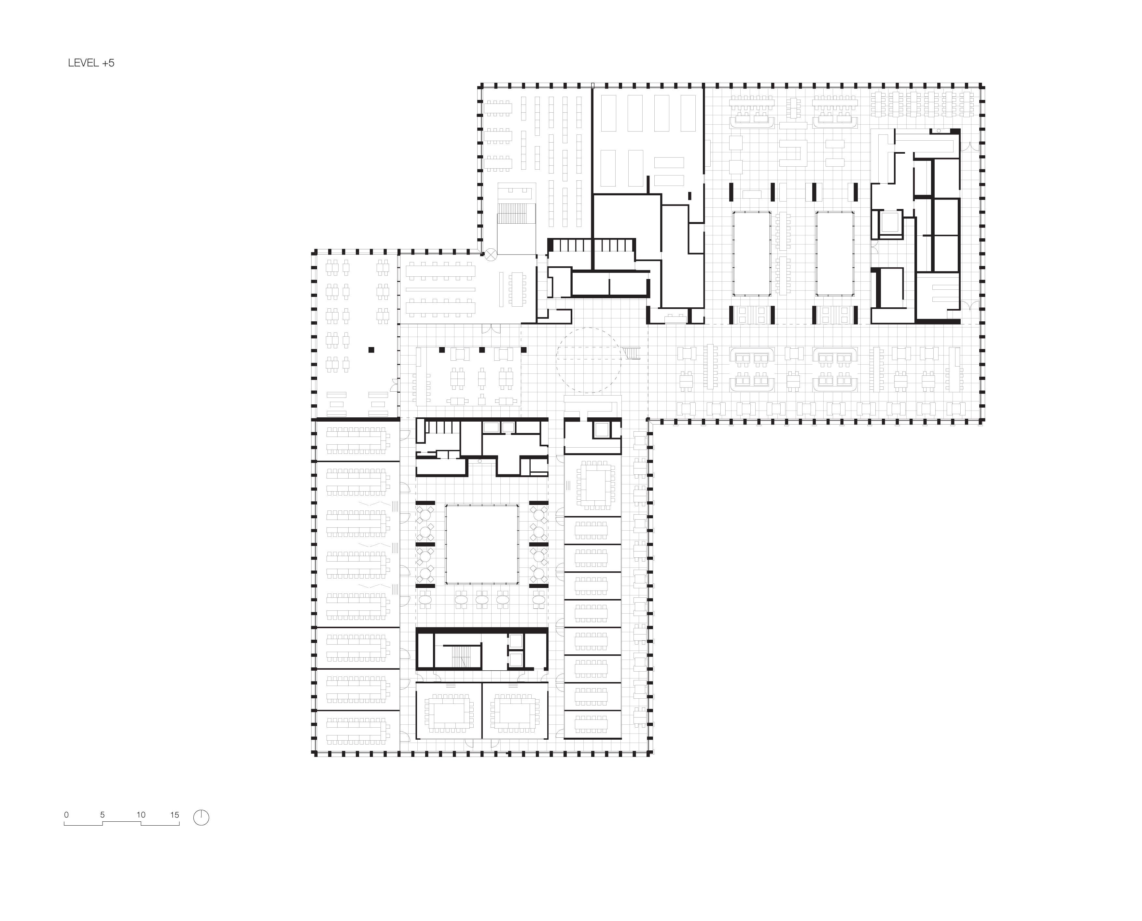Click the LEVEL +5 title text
[91, 63]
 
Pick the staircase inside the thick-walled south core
[461, 656]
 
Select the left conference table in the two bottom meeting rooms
[449, 713]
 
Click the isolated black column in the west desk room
[371, 350]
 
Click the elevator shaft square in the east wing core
[891, 223]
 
